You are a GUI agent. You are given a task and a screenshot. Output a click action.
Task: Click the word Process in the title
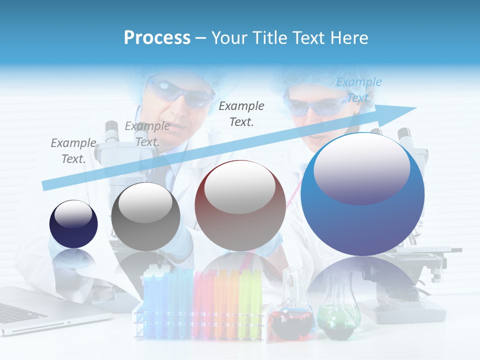[x=157, y=38]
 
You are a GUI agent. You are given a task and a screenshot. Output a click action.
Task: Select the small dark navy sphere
[x=73, y=224]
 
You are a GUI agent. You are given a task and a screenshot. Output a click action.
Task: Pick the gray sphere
[x=145, y=216]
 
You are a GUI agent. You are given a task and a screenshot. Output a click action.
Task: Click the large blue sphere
[x=362, y=194]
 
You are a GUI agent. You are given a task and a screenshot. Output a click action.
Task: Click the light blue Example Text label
[x=358, y=90]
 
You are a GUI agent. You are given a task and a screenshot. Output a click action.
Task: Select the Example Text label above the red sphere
[x=241, y=113]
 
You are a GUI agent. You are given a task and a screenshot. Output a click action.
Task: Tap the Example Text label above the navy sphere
[x=73, y=151]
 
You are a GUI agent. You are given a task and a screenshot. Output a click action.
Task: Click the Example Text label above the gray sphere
[x=147, y=134]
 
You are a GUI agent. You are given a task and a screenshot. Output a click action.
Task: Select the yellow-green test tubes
[x=250, y=300]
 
